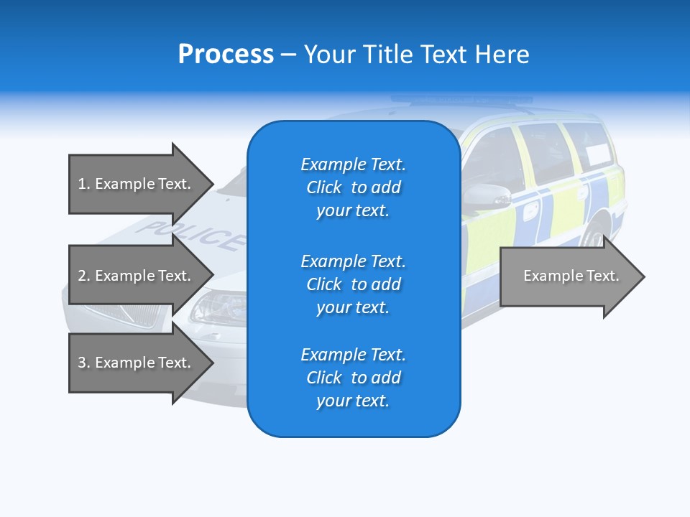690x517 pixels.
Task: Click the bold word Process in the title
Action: [226, 55]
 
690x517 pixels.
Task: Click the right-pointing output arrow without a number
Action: [571, 276]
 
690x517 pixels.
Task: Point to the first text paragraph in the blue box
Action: [353, 187]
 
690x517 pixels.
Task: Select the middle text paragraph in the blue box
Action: [353, 284]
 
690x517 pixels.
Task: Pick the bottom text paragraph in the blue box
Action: [353, 378]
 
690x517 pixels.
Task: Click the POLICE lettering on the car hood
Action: [194, 236]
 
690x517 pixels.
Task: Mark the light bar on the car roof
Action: [460, 100]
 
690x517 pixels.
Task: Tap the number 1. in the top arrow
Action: [84, 184]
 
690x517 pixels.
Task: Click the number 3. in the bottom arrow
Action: [84, 363]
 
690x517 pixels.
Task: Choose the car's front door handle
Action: [530, 210]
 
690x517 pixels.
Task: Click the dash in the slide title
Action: [288, 55]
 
